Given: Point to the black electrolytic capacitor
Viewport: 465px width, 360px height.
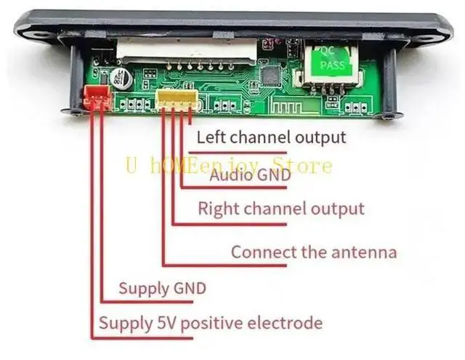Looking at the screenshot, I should [118, 78].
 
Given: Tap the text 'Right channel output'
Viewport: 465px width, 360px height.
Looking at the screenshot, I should [280, 209].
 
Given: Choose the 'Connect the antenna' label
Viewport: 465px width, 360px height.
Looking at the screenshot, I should [314, 252].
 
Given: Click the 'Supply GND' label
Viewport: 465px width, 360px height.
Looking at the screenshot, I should [162, 288].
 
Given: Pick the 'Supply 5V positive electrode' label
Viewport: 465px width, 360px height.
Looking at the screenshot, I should [210, 322].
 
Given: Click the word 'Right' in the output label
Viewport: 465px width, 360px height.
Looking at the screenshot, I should [217, 209].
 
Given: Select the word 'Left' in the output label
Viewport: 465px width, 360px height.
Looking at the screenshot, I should [211, 137].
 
